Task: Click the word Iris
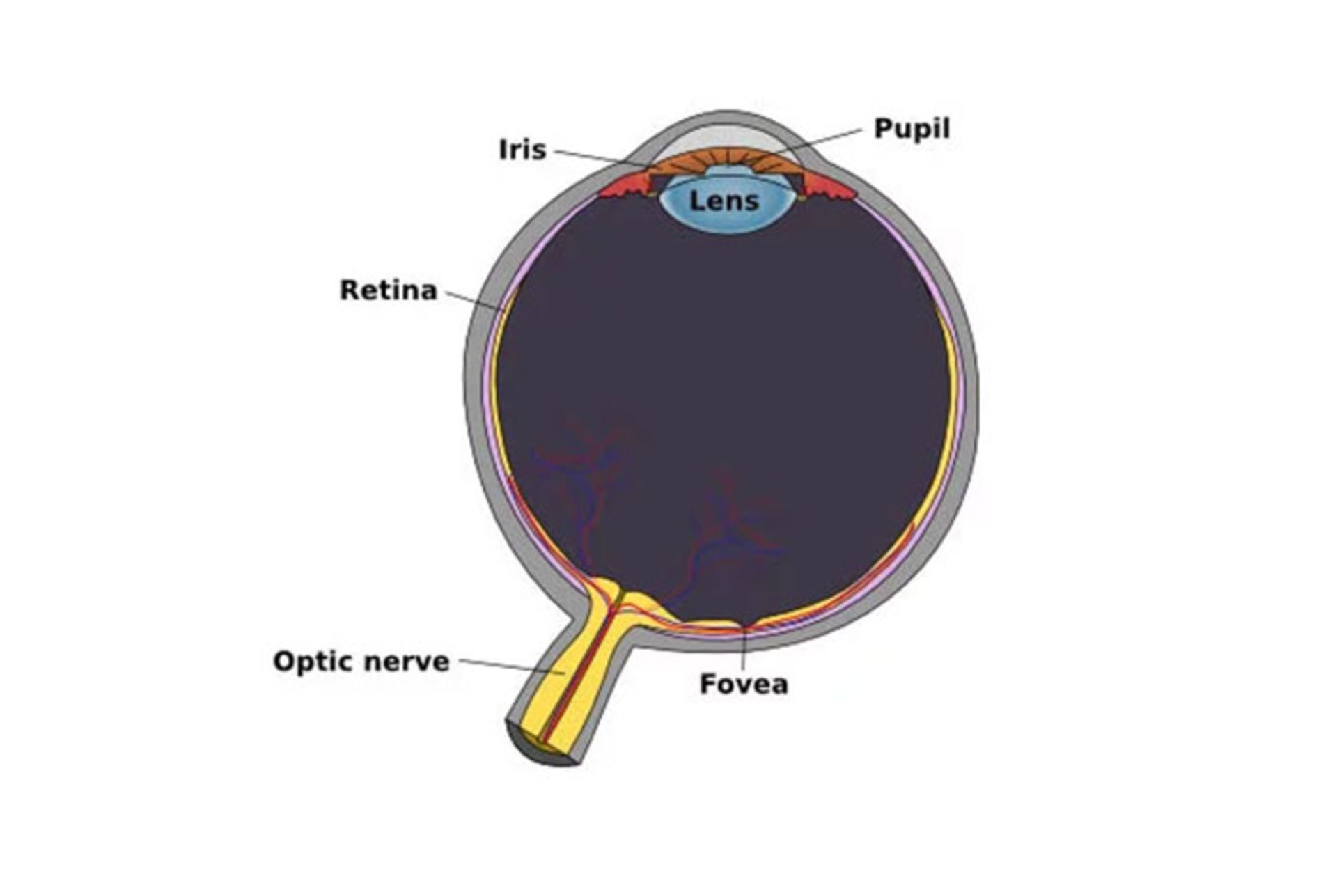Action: (x=522, y=150)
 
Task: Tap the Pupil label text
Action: (x=911, y=130)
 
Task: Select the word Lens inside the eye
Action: (x=724, y=201)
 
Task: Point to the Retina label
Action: (x=388, y=290)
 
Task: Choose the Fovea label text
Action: (x=744, y=684)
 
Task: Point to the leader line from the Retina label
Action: (x=474, y=300)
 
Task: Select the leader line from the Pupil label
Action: (x=822, y=140)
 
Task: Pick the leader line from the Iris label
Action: (x=599, y=157)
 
